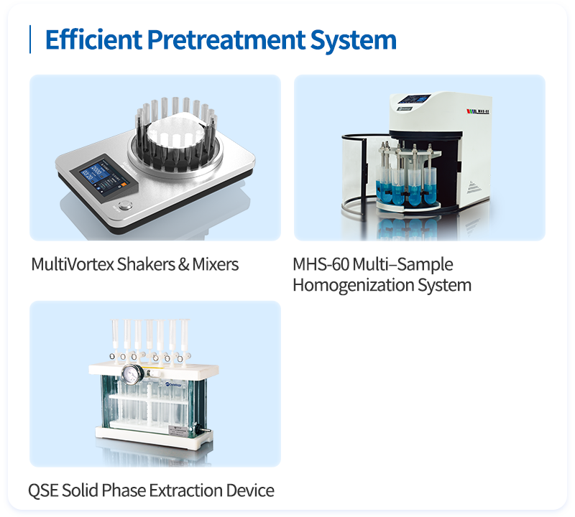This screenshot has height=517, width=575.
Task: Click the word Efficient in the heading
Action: [93, 39]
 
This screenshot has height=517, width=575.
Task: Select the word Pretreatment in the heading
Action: [226, 39]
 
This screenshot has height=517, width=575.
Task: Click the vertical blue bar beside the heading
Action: [30, 39]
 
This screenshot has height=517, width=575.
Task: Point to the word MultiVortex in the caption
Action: [73, 264]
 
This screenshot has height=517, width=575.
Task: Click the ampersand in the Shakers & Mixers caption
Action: [184, 264]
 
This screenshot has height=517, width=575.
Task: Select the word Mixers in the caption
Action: [216, 264]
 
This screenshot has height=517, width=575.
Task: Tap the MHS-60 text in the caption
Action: [321, 264]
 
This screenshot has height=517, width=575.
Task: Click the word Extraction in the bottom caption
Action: [186, 490]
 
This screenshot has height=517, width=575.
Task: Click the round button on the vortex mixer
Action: [125, 205]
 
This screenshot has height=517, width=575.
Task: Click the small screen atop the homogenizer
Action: [415, 99]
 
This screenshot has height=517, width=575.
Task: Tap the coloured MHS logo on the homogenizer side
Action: [477, 111]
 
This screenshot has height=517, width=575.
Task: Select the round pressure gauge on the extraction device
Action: [132, 375]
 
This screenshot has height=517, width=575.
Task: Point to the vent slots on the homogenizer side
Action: [474, 187]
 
